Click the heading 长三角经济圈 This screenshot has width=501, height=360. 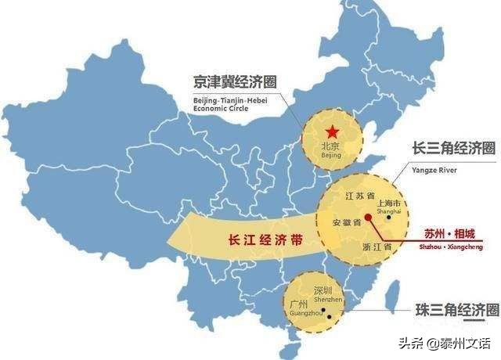pyautogui.click(x=454, y=149)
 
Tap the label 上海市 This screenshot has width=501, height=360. pyautogui.click(x=389, y=203)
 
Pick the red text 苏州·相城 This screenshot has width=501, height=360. pyautogui.click(x=448, y=233)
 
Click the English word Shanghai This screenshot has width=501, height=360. pyautogui.click(x=388, y=212)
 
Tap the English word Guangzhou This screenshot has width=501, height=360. pyautogui.click(x=301, y=313)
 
